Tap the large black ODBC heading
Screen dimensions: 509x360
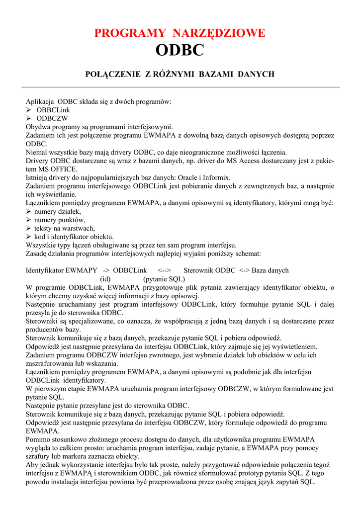[x=180, y=51]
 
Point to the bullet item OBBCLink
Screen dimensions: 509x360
[x=53, y=110]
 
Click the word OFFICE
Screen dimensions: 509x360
[x=57, y=169]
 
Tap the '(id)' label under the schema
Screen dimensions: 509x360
[x=105, y=279]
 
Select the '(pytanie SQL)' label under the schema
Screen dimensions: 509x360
[x=164, y=279]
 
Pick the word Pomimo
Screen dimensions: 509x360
[x=38, y=439]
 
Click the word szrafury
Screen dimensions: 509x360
[x=39, y=456]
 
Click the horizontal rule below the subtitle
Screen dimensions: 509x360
[x=180, y=87]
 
